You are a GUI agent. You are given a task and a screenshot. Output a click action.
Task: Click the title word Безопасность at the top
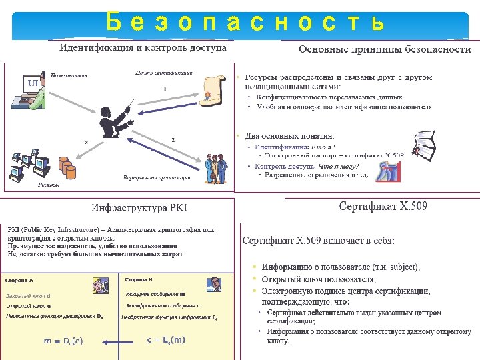coord(245,22)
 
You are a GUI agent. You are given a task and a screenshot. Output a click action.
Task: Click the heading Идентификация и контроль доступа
coord(143,48)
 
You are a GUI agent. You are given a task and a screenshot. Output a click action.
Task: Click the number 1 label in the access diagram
coord(165,89)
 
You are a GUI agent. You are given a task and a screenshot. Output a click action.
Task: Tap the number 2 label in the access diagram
coord(173,139)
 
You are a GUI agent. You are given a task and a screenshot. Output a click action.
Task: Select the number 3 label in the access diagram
coord(85,141)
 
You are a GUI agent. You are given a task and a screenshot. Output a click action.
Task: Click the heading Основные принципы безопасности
coord(385,49)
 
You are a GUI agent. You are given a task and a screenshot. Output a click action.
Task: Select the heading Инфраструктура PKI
coord(139,208)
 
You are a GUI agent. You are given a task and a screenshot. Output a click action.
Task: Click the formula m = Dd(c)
coord(63,341)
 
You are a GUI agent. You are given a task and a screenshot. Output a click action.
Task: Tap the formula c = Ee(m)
coord(165,340)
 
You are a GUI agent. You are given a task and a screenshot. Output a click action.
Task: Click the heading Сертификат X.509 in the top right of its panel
coord(383,206)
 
